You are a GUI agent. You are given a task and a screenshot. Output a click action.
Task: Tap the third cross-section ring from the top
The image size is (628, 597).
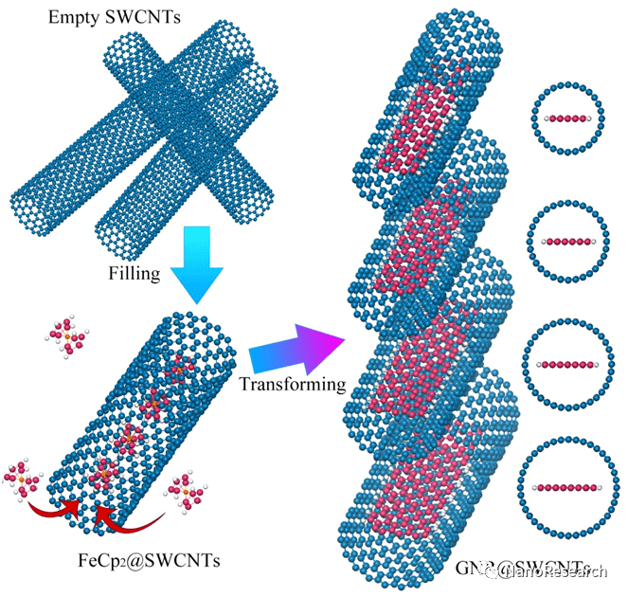tap(566, 361)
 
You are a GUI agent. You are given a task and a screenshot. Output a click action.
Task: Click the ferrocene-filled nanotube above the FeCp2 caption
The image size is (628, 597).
tap(142, 407)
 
